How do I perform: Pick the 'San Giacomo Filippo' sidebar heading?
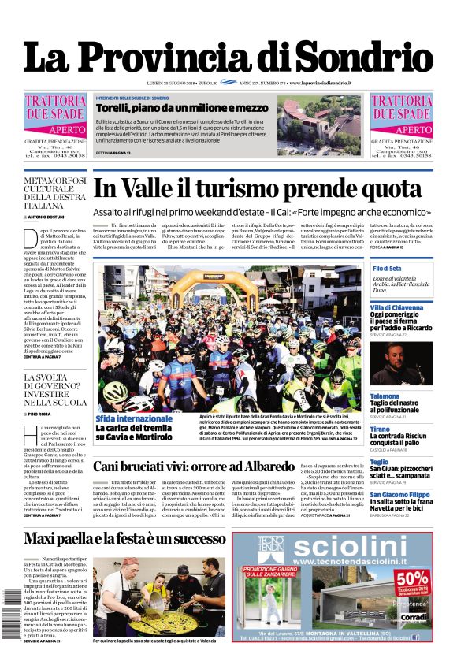click(401, 494)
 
